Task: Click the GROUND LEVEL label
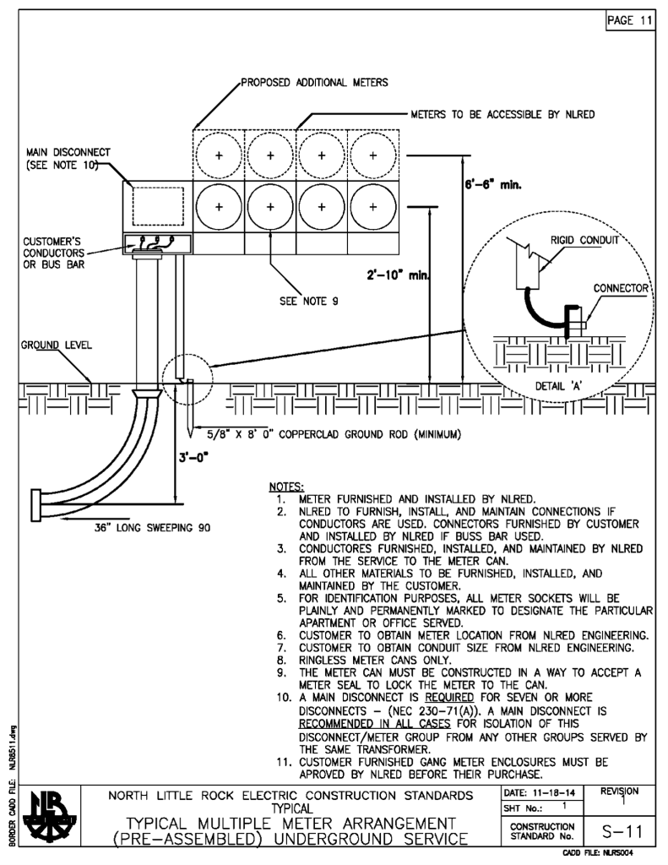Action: (x=46, y=345)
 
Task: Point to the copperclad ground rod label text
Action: (x=334, y=436)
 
